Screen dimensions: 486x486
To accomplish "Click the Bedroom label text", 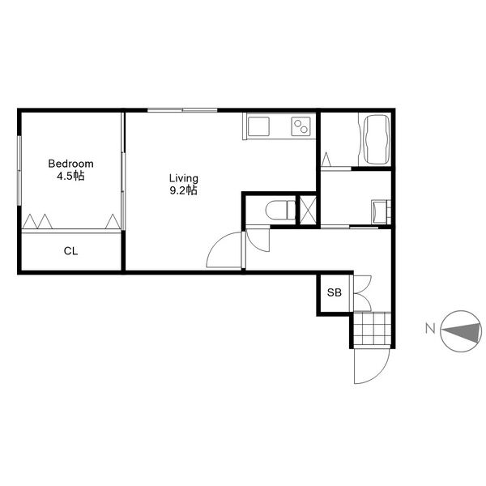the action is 70,164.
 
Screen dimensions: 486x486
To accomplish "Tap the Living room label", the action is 184,178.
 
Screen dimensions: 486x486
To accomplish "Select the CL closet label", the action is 70,251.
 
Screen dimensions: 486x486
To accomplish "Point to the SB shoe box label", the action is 335,292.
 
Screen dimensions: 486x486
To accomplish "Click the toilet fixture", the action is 280,210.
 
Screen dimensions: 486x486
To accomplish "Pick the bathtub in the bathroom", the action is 377,139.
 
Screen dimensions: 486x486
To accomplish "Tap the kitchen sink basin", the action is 258,126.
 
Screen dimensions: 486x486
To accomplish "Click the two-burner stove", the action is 301,126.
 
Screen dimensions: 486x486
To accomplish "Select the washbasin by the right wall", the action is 381,211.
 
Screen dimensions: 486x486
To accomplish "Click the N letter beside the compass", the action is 430,328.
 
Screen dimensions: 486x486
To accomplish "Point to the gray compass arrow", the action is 461,331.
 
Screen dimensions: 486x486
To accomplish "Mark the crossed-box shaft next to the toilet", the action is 308,210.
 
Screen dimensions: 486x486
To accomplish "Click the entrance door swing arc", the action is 380,374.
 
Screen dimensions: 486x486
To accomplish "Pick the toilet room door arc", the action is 260,246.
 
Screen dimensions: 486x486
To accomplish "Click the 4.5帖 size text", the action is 70,176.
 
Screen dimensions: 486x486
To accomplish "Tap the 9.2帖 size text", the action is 184,190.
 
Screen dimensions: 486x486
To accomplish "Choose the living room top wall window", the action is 182,110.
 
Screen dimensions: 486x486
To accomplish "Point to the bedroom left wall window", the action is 19,170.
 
